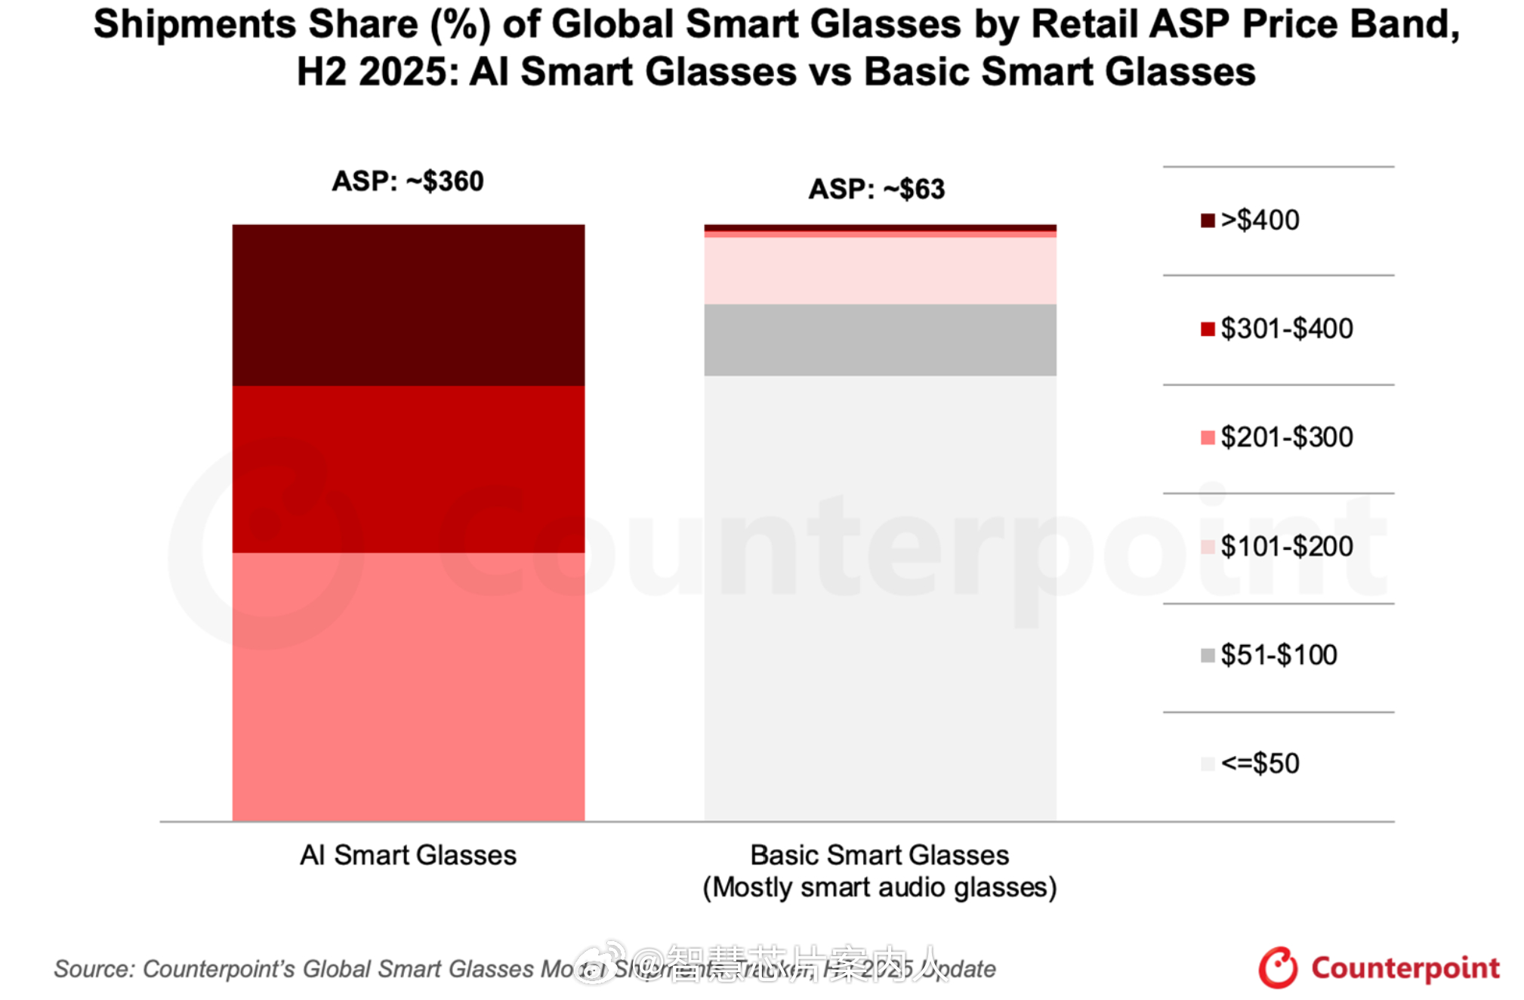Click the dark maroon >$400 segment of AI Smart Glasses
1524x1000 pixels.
click(x=408, y=304)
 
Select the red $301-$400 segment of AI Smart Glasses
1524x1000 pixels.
click(x=408, y=468)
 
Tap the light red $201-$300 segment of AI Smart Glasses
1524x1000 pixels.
click(x=408, y=686)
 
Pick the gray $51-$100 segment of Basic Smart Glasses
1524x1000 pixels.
click(x=880, y=340)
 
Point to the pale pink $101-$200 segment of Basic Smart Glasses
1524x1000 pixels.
click(x=880, y=270)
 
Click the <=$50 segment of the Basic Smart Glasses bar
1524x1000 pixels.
click(x=880, y=597)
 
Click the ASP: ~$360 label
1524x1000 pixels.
click(x=408, y=181)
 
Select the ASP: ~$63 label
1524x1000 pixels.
click(x=876, y=189)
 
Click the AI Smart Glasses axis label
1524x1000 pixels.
click(x=408, y=855)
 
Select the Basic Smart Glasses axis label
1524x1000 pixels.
click(x=880, y=855)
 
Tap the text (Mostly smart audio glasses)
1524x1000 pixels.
click(x=880, y=887)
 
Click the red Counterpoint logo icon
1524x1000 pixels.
click(x=1277, y=968)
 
